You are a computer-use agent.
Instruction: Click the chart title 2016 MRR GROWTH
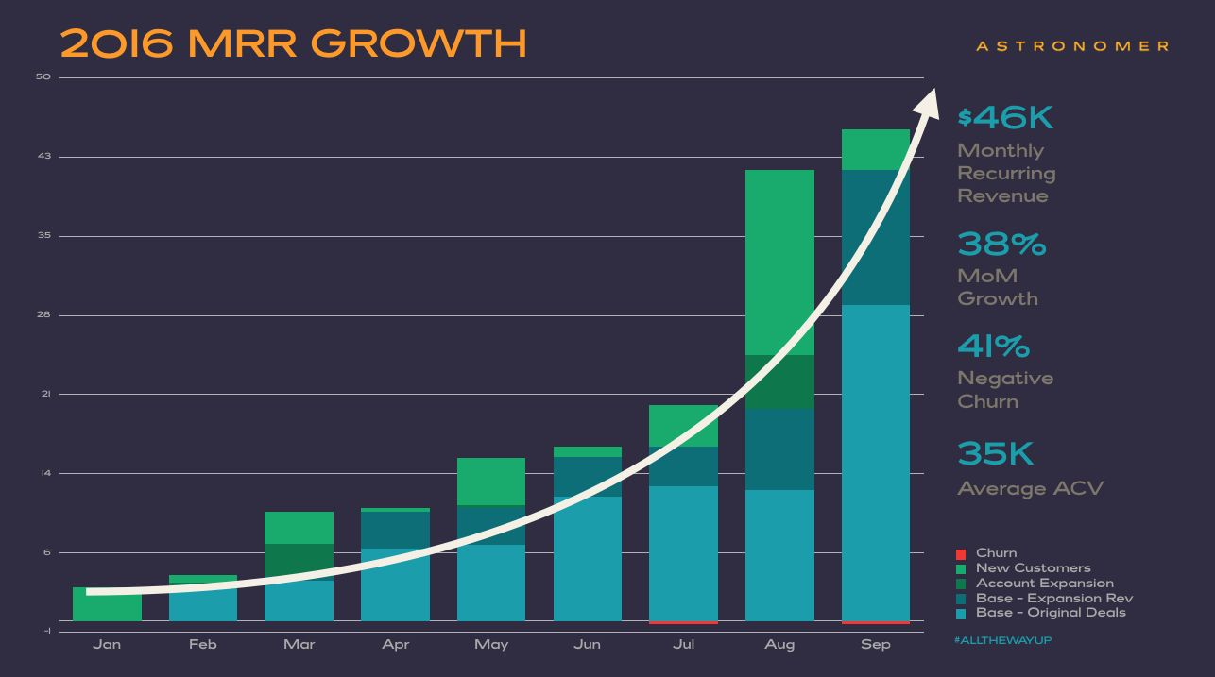click(x=293, y=43)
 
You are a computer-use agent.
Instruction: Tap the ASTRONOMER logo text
click(x=1072, y=45)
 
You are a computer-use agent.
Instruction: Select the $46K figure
click(x=1005, y=118)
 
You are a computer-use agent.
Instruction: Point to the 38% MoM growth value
click(x=1001, y=245)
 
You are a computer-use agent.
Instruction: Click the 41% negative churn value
click(x=994, y=347)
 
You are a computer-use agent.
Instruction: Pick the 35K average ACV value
click(x=995, y=454)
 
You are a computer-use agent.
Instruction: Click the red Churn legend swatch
click(x=961, y=553)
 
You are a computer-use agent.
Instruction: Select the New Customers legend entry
click(x=1033, y=567)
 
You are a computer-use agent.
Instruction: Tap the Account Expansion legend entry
click(x=1044, y=583)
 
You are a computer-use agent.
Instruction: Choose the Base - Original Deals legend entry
click(x=1051, y=612)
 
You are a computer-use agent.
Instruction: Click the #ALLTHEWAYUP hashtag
click(x=1003, y=640)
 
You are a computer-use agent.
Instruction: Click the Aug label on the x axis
click(x=779, y=644)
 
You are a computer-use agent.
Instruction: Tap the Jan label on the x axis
click(x=107, y=644)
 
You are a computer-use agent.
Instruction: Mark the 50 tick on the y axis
click(x=43, y=77)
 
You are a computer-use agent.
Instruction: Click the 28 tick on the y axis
click(x=43, y=314)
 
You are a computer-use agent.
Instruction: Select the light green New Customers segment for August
click(x=779, y=262)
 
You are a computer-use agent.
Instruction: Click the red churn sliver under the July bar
click(x=683, y=622)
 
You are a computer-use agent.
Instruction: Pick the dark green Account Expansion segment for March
click(x=299, y=562)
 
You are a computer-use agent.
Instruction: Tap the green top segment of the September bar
click(x=875, y=149)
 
